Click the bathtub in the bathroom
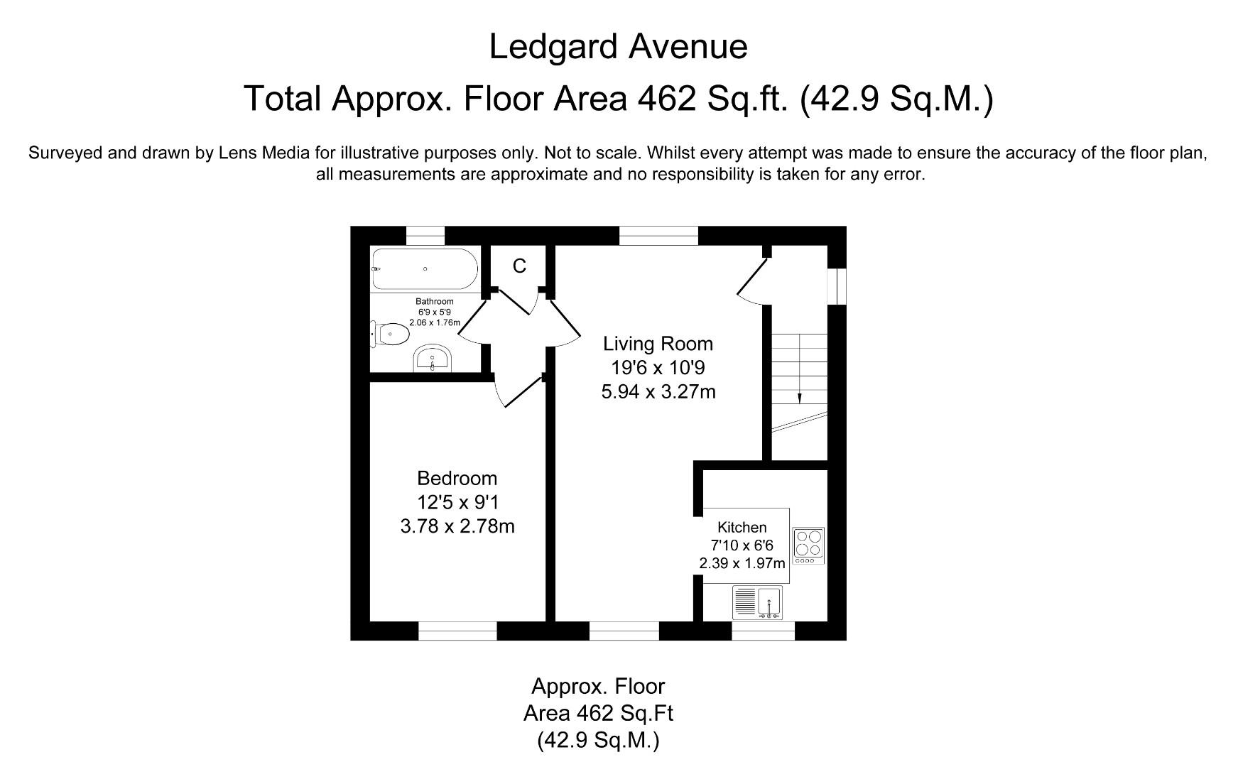click(425, 269)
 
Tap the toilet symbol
click(391, 334)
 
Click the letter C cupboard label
click(519, 266)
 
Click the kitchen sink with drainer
click(758, 603)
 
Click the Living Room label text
click(658, 344)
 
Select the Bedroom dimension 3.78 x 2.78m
click(457, 526)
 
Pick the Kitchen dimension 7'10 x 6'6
click(742, 545)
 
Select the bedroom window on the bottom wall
click(457, 631)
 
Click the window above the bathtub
click(425, 235)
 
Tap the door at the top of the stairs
click(753, 282)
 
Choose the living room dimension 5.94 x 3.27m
click(658, 391)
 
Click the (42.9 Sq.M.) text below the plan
click(598, 741)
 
